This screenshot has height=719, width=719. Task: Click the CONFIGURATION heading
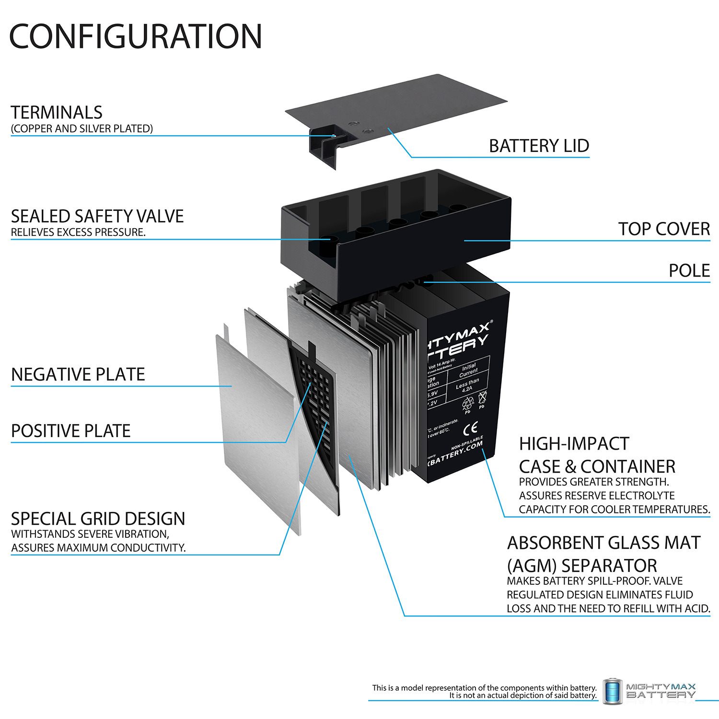tap(136, 36)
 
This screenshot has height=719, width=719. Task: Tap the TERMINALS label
tap(57, 113)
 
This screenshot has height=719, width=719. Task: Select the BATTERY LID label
tap(539, 146)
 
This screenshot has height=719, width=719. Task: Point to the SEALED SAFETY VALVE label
tap(97, 217)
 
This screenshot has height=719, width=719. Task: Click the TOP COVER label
tap(663, 229)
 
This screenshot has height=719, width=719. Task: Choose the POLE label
tap(689, 271)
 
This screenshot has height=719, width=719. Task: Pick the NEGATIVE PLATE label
tap(78, 374)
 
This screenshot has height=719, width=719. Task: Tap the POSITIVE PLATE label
tap(71, 431)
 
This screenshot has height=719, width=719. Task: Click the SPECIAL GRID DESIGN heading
tap(98, 519)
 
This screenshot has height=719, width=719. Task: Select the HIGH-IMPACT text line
tap(574, 444)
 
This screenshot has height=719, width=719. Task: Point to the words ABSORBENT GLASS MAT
tap(603, 543)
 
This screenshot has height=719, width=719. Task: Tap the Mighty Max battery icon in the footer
tap(612, 691)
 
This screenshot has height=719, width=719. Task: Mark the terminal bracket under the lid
tap(326, 144)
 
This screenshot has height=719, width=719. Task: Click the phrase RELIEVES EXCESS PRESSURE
tap(78, 232)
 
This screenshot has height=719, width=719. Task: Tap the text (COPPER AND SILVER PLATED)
tap(82, 128)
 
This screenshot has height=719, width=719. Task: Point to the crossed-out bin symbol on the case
tap(482, 397)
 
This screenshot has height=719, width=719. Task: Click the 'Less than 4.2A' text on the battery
tap(467, 385)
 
